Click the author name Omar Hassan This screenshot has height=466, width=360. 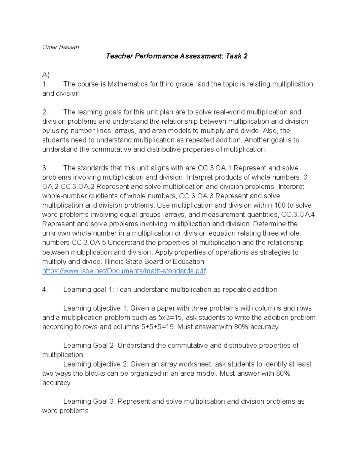point(61,47)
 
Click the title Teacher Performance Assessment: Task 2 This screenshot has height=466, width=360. point(177,56)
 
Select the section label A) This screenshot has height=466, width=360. point(46,75)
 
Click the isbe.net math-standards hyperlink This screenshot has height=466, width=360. point(124,271)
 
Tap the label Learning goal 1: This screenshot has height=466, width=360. point(89,290)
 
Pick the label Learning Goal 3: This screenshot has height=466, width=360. point(89,401)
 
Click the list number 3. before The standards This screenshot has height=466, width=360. point(45,168)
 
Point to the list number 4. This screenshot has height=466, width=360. point(45,290)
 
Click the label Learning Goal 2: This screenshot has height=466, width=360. point(89,345)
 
